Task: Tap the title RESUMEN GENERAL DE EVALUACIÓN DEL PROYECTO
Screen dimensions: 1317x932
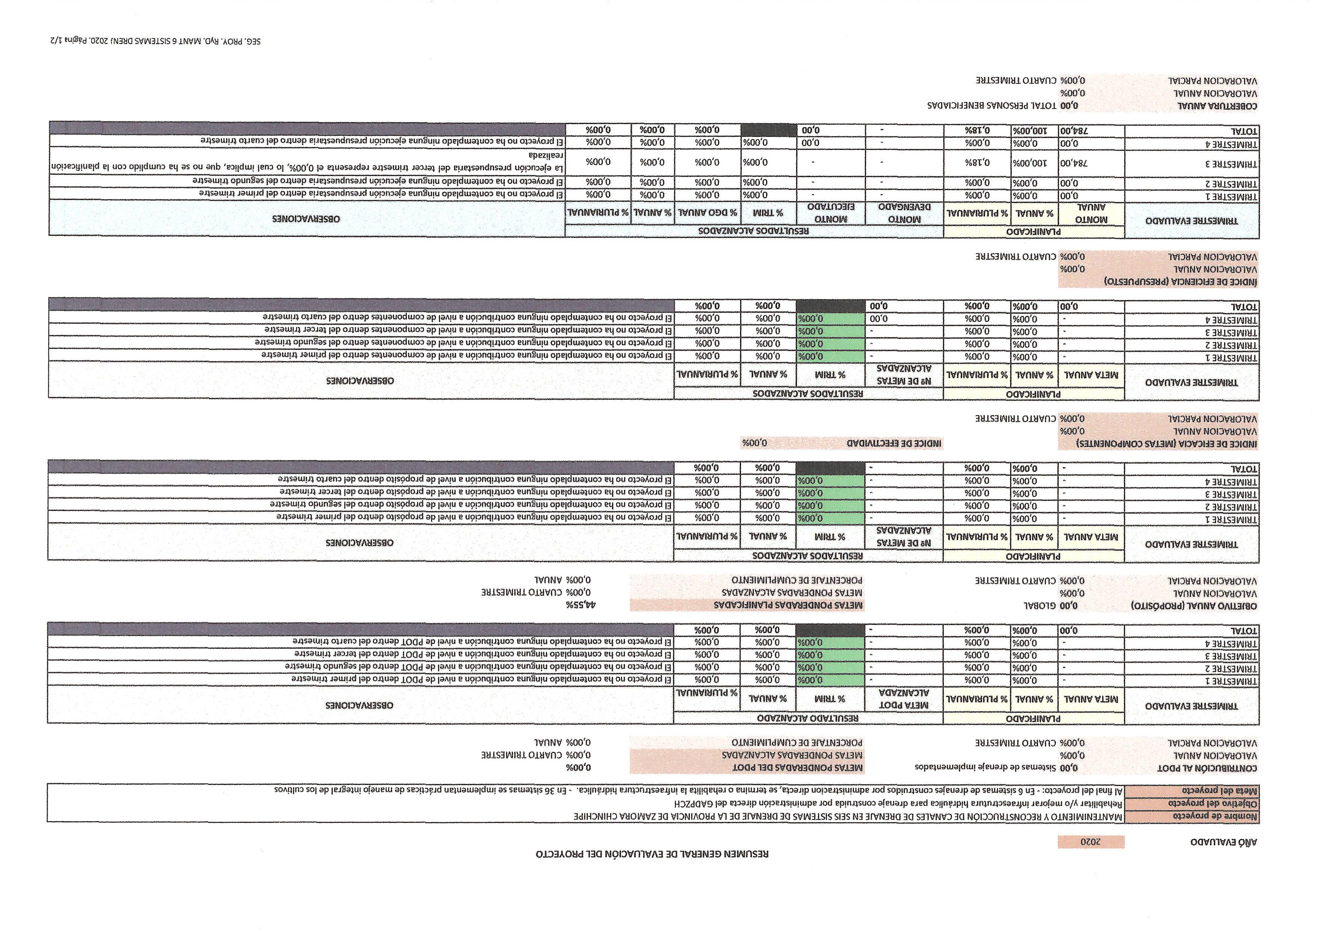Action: click(652, 853)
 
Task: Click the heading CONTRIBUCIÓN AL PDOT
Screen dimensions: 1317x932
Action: click(1207, 768)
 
